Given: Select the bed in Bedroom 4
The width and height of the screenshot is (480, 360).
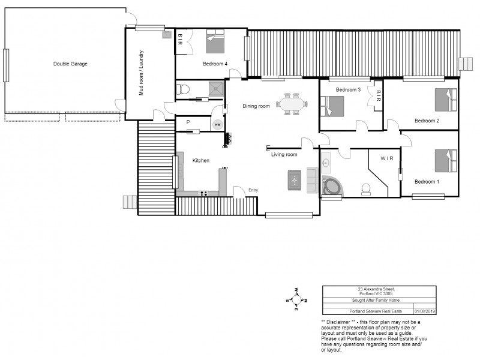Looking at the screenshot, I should [215, 43].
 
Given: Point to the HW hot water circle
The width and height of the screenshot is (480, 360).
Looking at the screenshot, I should [217, 124].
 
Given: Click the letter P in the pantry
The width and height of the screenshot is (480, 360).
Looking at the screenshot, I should [188, 122].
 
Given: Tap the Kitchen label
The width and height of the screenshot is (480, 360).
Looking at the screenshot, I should [200, 161].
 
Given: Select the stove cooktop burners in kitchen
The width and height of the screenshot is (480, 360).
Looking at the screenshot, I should [204, 193].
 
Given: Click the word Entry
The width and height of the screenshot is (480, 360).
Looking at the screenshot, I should [253, 191].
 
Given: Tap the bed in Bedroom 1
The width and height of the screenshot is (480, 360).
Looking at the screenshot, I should [446, 160].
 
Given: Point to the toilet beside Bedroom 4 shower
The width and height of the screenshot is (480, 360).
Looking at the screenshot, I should [184, 91].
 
